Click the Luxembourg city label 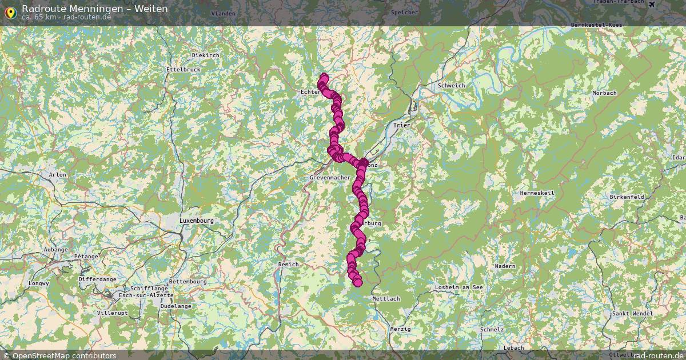pyautogui.click(x=196, y=221)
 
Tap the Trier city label pyautogui.click(x=402, y=125)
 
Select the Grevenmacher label pyautogui.click(x=330, y=178)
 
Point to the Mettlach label pyautogui.click(x=386, y=299)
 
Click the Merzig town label pyautogui.click(x=400, y=329)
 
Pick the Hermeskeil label pyautogui.click(x=537, y=193)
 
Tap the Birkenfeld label pyautogui.click(x=627, y=197)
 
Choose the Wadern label pyautogui.click(x=505, y=266)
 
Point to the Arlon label pyautogui.click(x=58, y=175)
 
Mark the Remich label pyautogui.click(x=288, y=265)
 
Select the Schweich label pyautogui.click(x=451, y=86)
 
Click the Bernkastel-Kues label pyautogui.click(x=596, y=26)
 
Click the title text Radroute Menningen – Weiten pyautogui.click(x=95, y=9)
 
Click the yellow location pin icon pyautogui.click(x=10, y=12)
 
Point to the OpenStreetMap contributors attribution pyautogui.click(x=64, y=356)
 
